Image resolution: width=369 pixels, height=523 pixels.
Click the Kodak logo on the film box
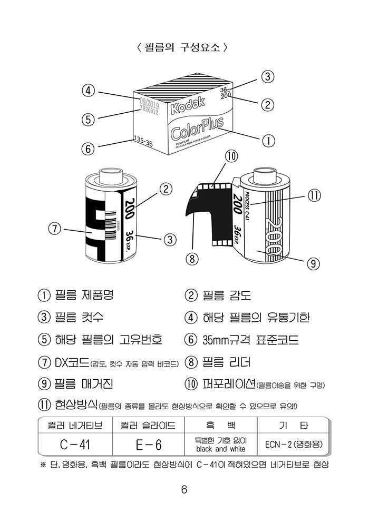187,105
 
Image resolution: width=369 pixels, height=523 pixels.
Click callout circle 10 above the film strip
231,156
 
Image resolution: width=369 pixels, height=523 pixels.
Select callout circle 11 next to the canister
314,195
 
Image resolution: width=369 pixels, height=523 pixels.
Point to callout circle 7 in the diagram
54,229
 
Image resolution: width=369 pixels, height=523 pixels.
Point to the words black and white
220,449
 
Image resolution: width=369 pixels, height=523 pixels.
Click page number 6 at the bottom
184,489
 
